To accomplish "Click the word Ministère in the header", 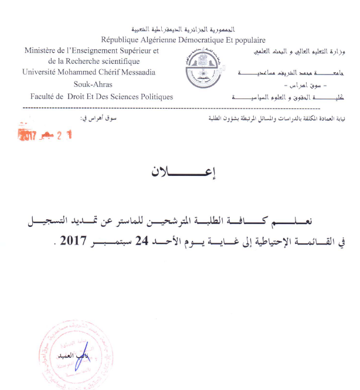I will click(x=40, y=51).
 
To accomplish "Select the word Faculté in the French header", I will click(x=44, y=96).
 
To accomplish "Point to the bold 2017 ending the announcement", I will click(x=72, y=241).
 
